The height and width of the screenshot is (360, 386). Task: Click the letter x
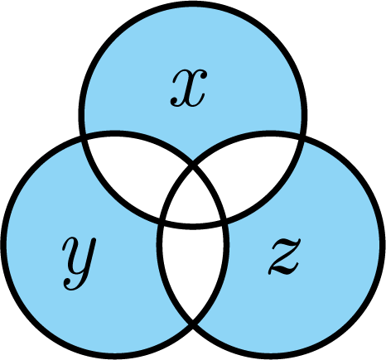pyautogui.click(x=189, y=88)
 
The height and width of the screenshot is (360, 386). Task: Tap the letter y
pyautogui.click(x=80, y=263)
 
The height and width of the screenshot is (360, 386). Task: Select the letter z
pyautogui.click(x=284, y=257)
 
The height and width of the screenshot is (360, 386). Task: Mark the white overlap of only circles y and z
pyautogui.click(x=193, y=265)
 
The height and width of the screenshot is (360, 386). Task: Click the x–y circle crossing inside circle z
pyautogui.click(x=224, y=219)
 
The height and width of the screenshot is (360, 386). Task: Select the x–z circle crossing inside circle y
pyautogui.click(x=162, y=219)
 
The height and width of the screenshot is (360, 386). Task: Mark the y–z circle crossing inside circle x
pyautogui.click(x=193, y=166)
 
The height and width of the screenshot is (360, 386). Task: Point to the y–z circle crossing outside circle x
pyautogui.click(x=193, y=321)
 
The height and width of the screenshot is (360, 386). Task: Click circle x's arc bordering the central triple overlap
pyautogui.click(x=193, y=226)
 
